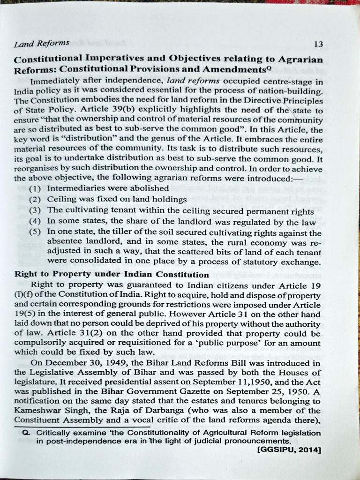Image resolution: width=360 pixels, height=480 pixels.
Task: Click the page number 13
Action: point(318,45)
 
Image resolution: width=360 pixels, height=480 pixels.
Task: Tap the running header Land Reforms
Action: point(42,43)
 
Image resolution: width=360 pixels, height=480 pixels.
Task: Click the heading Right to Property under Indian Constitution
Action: point(112,274)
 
